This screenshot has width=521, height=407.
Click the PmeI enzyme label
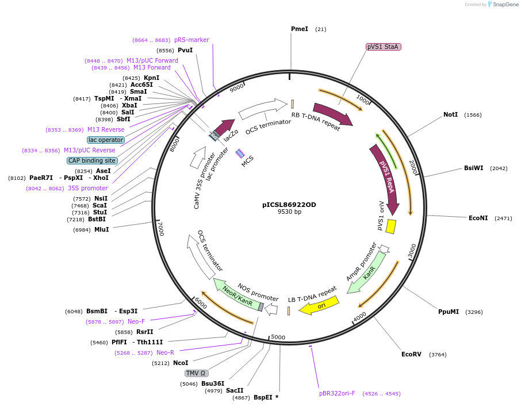[x=300, y=29]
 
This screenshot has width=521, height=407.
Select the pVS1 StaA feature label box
[x=384, y=47]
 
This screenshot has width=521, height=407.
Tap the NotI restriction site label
[x=450, y=114]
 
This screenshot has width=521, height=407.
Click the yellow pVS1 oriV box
[x=390, y=226]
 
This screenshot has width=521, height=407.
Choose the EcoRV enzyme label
[x=411, y=354]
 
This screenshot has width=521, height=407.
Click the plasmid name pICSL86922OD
[x=289, y=204]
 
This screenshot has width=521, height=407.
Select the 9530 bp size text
[x=289, y=212]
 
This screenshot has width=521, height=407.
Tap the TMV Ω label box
[x=196, y=373]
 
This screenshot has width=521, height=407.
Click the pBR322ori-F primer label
[x=337, y=393]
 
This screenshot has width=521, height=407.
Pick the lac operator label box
[x=106, y=140]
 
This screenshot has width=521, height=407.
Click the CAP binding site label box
[x=92, y=160]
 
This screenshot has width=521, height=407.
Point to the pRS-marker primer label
[x=191, y=40]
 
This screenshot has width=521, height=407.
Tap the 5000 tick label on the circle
[x=278, y=337]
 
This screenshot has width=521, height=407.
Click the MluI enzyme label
[x=102, y=230]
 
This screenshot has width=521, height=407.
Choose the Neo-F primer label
[x=136, y=321]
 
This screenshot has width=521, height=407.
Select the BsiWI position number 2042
[x=499, y=168]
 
